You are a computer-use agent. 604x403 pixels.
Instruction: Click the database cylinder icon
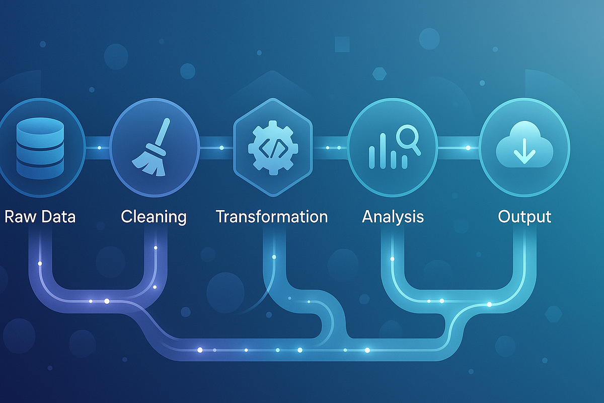pyautogui.click(x=40, y=148)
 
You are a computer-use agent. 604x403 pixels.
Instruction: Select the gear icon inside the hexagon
pyautogui.click(x=273, y=148)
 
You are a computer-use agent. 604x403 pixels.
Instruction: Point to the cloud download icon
pyautogui.click(x=524, y=145)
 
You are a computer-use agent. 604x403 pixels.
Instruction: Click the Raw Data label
pyautogui.click(x=40, y=217)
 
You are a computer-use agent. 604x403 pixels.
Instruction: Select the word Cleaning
pyautogui.click(x=154, y=217)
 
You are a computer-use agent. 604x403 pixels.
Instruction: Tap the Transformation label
pyautogui.click(x=272, y=217)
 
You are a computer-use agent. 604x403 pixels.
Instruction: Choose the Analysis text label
pyautogui.click(x=393, y=217)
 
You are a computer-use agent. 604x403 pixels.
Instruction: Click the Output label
pyautogui.click(x=524, y=217)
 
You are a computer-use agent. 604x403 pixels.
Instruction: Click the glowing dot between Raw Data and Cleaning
pyautogui.click(x=100, y=148)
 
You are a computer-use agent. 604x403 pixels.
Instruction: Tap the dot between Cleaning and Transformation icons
pyautogui.click(x=221, y=148)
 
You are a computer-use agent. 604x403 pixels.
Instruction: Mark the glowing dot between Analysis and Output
pyautogui.click(x=468, y=148)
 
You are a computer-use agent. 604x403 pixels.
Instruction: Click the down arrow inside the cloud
pyautogui.click(x=524, y=151)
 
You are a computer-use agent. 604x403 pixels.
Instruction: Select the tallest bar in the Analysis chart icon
pyautogui.click(x=383, y=151)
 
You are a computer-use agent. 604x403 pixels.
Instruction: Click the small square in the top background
pyautogui.click(x=342, y=44)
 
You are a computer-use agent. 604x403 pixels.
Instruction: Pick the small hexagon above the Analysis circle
pyautogui.click(x=380, y=74)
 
